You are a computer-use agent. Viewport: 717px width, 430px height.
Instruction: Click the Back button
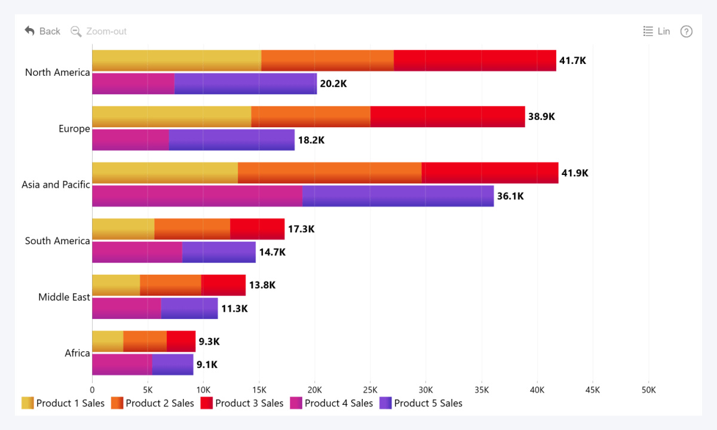(x=42, y=31)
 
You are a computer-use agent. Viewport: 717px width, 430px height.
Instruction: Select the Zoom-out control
(x=99, y=31)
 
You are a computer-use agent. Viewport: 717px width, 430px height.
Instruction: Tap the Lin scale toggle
(x=657, y=31)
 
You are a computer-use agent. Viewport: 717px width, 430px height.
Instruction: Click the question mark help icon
(x=687, y=31)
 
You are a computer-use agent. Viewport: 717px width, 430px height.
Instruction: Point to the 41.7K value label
(x=572, y=60)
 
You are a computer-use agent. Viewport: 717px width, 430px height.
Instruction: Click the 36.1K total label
(x=510, y=196)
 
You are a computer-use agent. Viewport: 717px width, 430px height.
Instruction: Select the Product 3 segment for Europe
(x=448, y=116)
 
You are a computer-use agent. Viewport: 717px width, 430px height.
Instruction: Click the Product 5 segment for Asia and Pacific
(x=398, y=196)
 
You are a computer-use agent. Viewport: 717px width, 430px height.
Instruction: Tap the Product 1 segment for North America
(x=176, y=60)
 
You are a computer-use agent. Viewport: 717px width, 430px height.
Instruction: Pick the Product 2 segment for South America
(x=192, y=229)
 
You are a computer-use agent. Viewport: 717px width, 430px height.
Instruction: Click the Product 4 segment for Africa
(x=122, y=364)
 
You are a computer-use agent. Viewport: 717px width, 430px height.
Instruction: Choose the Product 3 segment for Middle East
(x=223, y=285)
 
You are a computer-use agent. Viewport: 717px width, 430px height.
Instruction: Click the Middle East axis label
(x=64, y=297)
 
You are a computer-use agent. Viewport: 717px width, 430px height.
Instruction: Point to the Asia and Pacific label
(x=56, y=185)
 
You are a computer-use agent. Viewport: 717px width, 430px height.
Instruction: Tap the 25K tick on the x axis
(x=370, y=389)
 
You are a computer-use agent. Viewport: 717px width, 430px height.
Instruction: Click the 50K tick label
(x=648, y=389)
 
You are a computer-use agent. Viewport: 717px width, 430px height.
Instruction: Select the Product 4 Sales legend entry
(x=332, y=403)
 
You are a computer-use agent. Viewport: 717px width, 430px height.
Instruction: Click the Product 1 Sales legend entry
(x=63, y=403)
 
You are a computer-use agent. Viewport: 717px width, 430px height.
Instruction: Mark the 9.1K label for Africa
(x=207, y=364)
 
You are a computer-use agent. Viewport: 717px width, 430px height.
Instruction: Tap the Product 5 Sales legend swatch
(x=385, y=403)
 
